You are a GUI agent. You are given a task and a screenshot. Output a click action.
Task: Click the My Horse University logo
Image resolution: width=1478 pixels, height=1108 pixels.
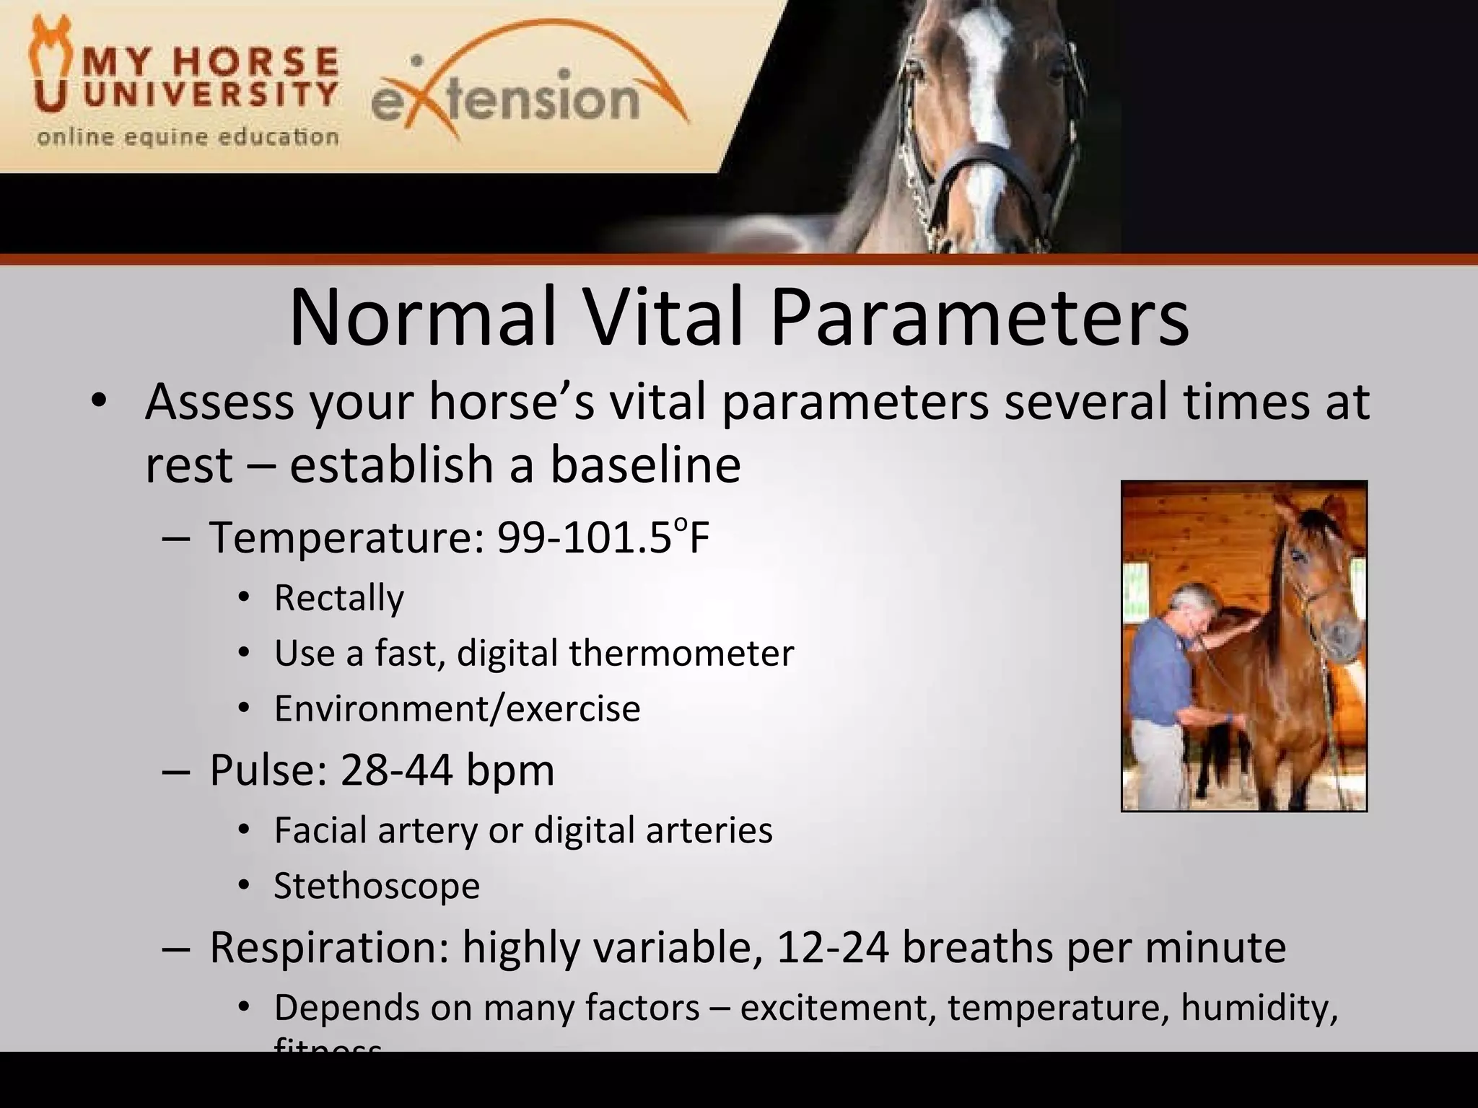click(184, 79)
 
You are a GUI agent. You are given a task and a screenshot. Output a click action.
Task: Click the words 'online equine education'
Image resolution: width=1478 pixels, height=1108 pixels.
click(188, 137)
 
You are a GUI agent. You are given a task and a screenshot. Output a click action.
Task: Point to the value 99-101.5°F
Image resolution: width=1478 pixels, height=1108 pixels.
click(603, 538)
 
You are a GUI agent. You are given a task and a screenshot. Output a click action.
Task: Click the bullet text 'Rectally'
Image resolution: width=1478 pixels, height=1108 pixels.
click(338, 598)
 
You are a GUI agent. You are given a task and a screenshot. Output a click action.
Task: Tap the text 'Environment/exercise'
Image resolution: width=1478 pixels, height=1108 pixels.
click(457, 709)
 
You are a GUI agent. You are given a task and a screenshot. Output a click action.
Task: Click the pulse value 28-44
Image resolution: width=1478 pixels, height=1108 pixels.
click(396, 770)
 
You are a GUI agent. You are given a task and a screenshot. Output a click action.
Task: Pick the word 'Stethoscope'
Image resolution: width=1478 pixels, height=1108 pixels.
click(377, 886)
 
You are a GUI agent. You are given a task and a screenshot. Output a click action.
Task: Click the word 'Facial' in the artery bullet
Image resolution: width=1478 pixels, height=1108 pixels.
click(318, 830)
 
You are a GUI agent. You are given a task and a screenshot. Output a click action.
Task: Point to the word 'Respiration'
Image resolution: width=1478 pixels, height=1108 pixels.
click(329, 948)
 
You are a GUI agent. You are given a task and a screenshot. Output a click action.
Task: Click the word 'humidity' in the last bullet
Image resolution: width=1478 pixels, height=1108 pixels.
click(1259, 1008)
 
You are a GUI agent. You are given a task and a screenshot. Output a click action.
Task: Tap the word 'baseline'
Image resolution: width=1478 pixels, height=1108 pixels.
click(645, 465)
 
